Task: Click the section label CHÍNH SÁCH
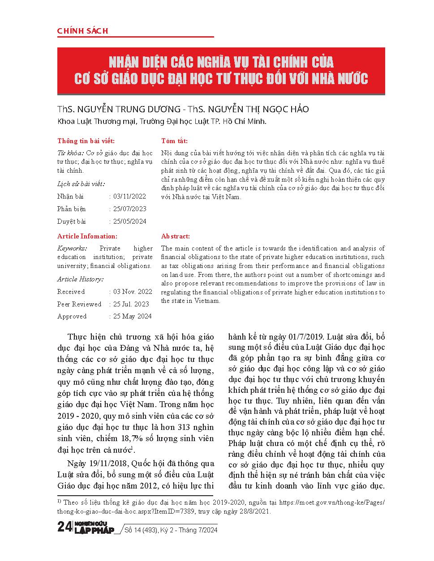(83, 31)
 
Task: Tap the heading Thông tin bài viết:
(86, 141)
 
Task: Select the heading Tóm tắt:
(174, 141)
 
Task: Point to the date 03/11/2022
(130, 196)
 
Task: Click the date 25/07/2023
(130, 209)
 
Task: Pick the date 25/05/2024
(130, 221)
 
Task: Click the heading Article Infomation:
(87, 236)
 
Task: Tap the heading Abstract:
(176, 236)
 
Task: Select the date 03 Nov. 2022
(133, 292)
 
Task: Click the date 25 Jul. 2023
(131, 304)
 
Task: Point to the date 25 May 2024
(132, 316)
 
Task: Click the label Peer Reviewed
(79, 304)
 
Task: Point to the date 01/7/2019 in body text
(306, 337)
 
